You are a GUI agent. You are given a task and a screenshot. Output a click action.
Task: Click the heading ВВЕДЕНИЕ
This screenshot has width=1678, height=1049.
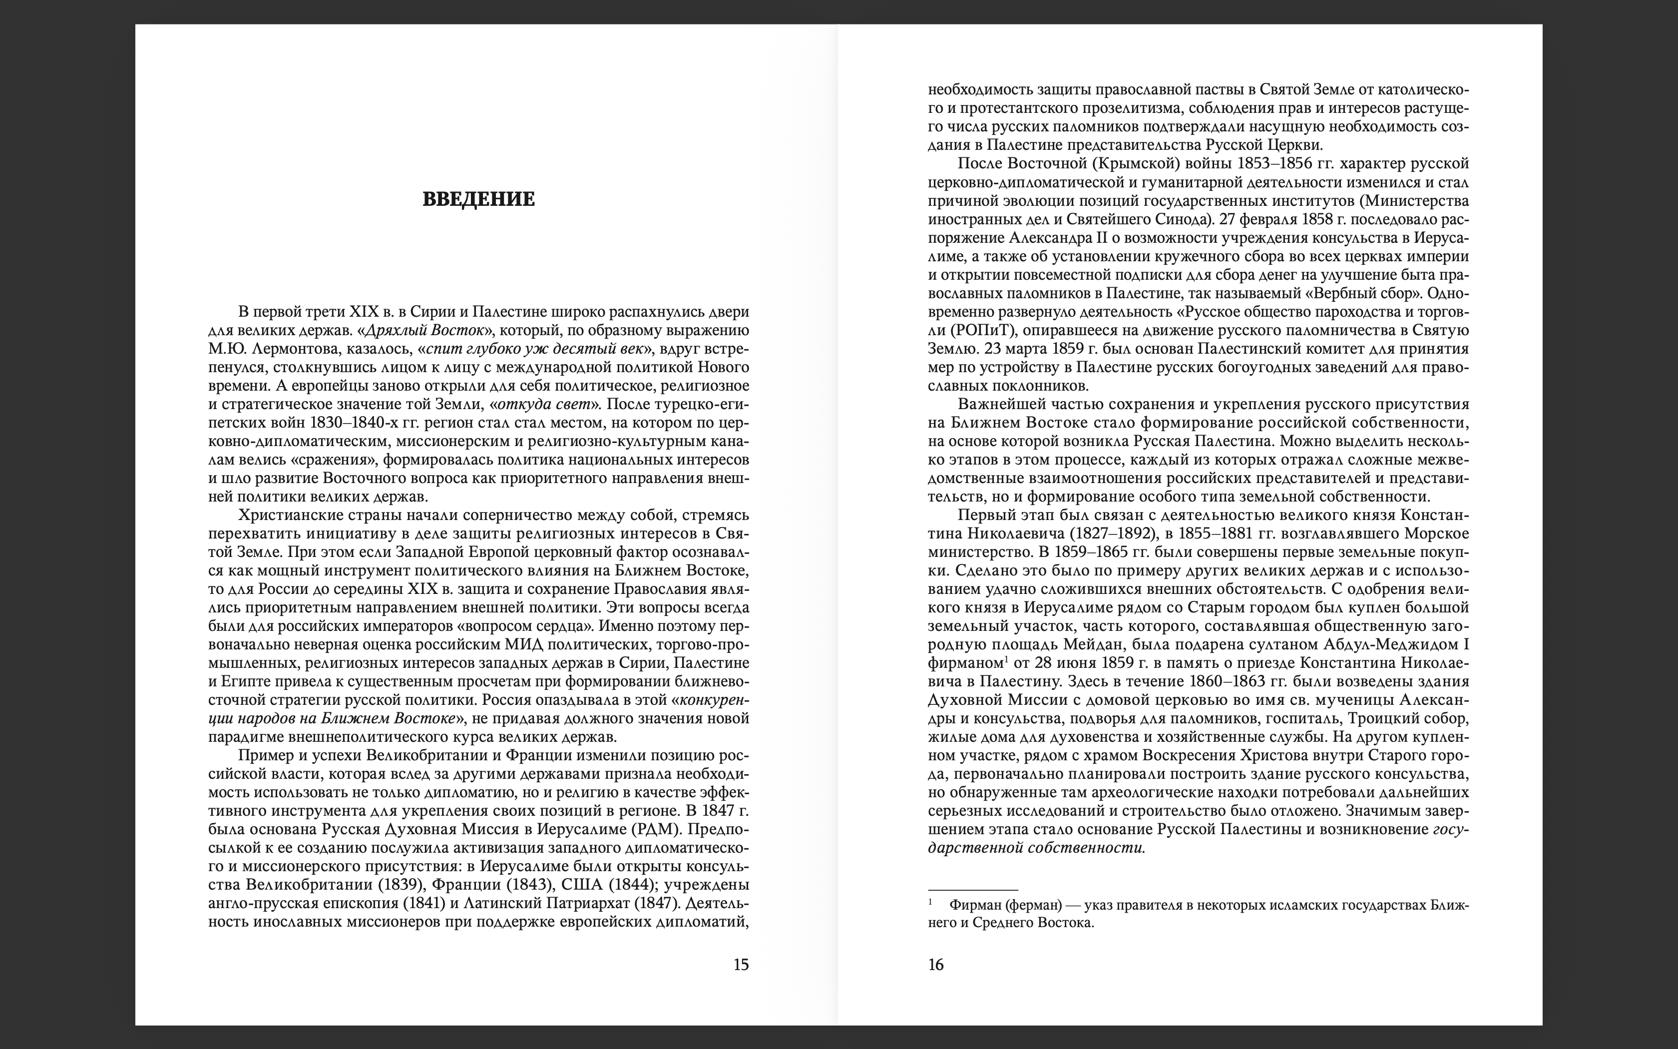(x=478, y=200)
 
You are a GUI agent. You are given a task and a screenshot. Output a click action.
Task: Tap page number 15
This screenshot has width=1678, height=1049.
(x=741, y=965)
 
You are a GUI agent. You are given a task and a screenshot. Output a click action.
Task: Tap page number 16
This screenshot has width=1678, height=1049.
(x=935, y=965)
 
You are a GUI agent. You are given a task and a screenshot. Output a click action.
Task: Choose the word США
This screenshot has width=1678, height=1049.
(x=581, y=885)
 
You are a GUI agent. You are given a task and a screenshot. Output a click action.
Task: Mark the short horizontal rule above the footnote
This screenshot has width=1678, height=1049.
(x=973, y=890)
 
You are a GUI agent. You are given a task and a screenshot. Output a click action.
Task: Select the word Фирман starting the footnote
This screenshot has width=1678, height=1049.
(x=975, y=905)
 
